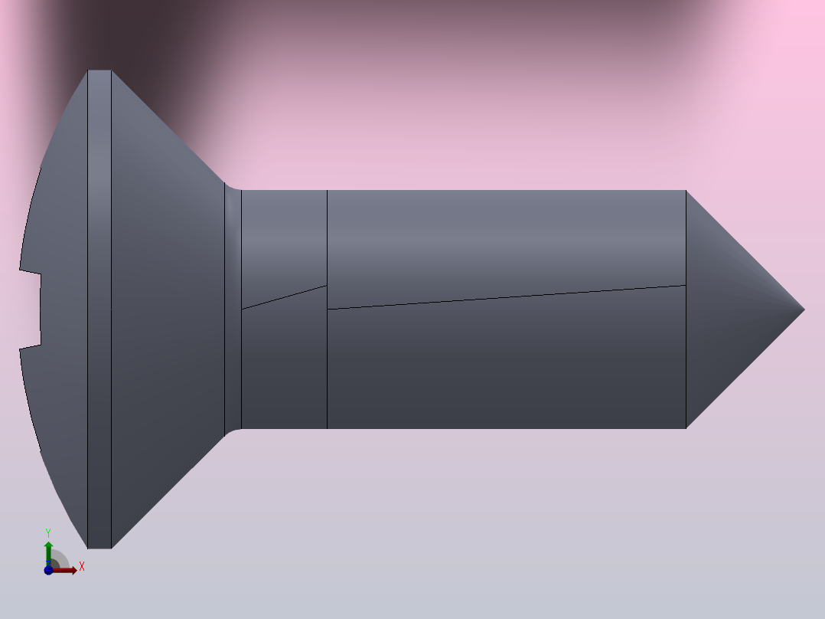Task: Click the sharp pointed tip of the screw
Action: (x=804, y=309)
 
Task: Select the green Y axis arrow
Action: (x=48, y=548)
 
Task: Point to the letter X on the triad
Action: (x=82, y=567)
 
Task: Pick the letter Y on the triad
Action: (x=48, y=532)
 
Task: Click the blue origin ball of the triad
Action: (x=48, y=570)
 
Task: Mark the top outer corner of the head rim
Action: (x=99, y=70)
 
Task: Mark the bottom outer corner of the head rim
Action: (x=99, y=548)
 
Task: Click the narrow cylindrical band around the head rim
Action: (x=99, y=306)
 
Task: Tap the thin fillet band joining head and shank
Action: (x=233, y=306)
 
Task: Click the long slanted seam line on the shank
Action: (x=505, y=297)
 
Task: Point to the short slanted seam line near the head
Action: (x=284, y=297)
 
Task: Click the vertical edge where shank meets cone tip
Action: (x=686, y=360)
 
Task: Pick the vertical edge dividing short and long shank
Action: (x=327, y=368)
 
